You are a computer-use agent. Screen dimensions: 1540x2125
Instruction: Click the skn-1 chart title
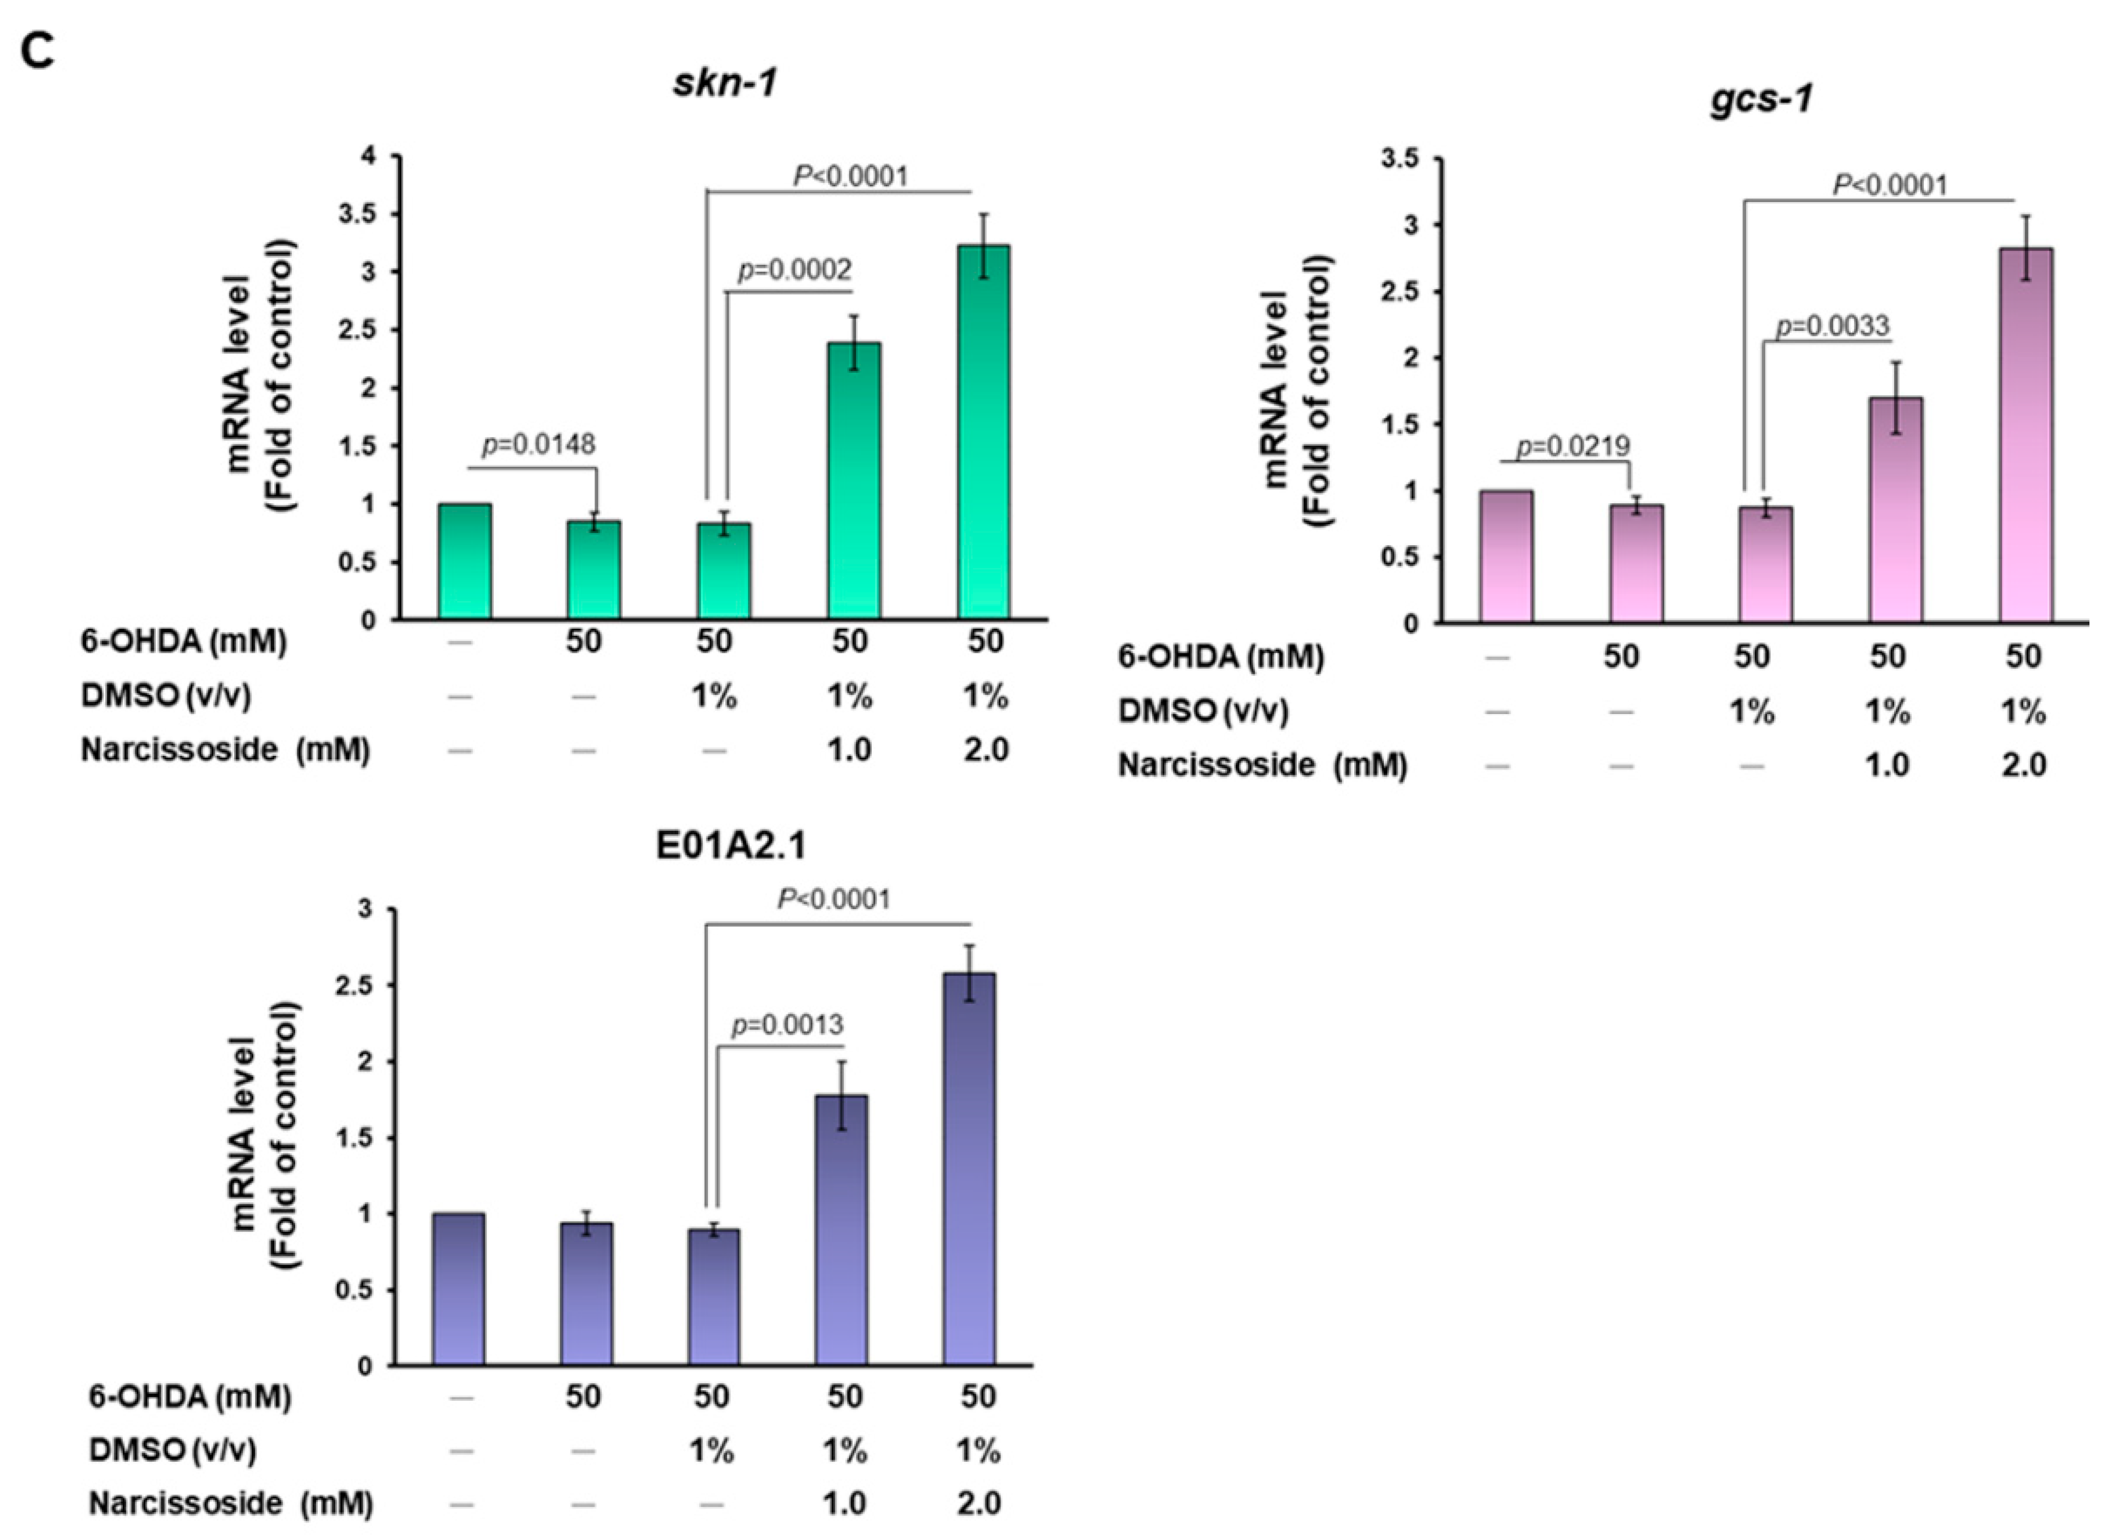coord(724,83)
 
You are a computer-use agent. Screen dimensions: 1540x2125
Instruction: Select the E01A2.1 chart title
coord(731,845)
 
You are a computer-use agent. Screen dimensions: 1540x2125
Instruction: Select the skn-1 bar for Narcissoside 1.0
coord(854,479)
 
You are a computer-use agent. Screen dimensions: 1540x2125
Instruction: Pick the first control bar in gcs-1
coord(1506,556)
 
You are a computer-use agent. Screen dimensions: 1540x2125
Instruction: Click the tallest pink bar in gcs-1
coord(2026,435)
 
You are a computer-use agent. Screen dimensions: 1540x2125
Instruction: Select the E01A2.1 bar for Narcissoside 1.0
coord(841,1229)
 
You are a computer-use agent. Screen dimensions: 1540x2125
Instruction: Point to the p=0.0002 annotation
coord(795,270)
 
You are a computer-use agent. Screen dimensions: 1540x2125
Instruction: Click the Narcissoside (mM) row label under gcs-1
coord(1262,765)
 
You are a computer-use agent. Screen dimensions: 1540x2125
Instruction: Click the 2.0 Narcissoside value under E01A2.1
coord(978,1503)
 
